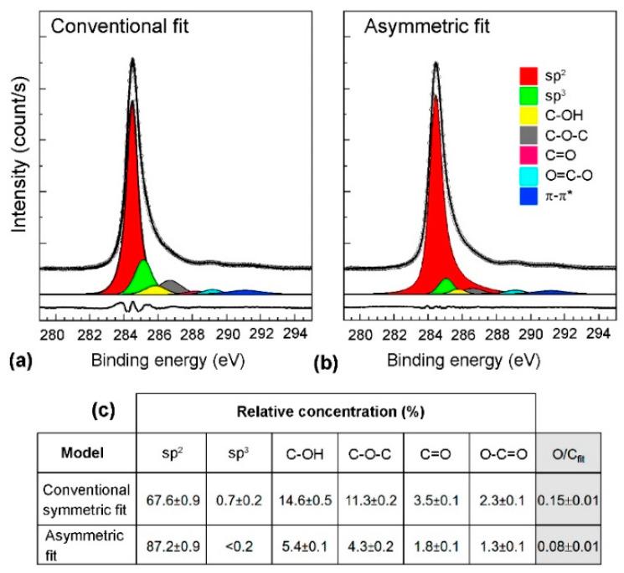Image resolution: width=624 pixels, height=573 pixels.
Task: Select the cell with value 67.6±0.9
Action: click(170, 500)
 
